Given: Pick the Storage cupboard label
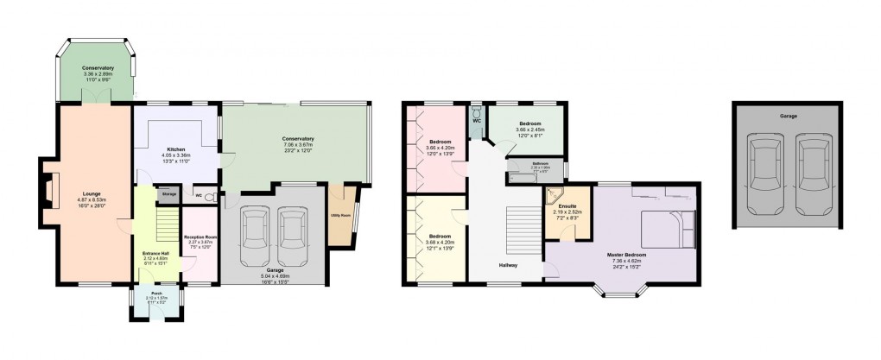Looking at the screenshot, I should point(169,194).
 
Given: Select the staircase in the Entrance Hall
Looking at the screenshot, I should point(159,230).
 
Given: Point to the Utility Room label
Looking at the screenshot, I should point(340,214).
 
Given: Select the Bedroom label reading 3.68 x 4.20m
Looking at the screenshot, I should point(440,239).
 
